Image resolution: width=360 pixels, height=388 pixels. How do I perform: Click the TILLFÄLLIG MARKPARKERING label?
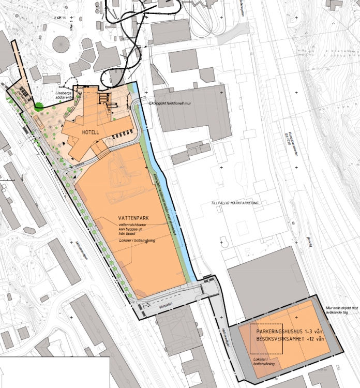click(x=235, y=203)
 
